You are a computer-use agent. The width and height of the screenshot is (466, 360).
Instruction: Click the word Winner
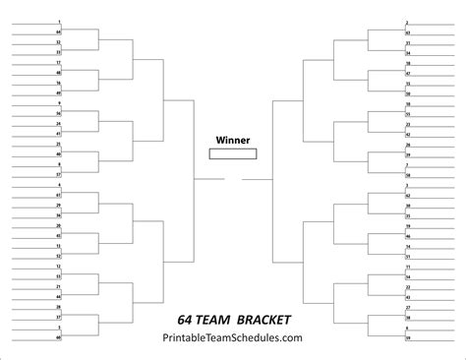coord(233,140)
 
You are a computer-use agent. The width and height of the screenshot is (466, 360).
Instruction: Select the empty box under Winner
coord(233,153)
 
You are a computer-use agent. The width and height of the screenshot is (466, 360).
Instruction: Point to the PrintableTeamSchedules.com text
coord(232,337)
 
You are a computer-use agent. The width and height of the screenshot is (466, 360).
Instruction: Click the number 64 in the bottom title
coord(187,320)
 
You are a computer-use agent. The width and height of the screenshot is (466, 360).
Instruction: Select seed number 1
coord(59,22)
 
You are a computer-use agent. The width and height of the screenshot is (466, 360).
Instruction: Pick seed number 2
coord(407,22)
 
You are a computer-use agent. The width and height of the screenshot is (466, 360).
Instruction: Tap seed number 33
coord(59,52)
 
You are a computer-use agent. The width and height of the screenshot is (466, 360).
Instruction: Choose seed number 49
coord(59,92)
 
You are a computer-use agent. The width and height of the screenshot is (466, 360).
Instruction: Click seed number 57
coord(59,174)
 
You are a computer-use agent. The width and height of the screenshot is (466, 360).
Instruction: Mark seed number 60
coord(59,337)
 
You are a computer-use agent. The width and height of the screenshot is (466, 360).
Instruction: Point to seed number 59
coord(407,337)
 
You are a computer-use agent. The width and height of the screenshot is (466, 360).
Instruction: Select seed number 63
coord(407,32)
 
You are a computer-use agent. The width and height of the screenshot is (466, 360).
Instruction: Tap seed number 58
coord(407,174)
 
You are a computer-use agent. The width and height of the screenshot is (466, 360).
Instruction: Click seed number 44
coord(59,296)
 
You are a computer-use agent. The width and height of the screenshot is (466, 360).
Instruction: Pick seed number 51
coord(407,256)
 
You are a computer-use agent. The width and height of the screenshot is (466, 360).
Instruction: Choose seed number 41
coord(59,133)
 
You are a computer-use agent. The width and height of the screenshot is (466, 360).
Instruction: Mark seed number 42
coord(407,133)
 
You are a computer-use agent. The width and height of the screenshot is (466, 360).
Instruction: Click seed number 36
coord(59,214)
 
